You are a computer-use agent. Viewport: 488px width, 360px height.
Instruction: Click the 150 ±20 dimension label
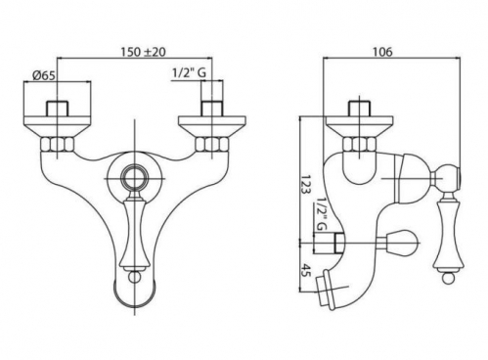point(143,52)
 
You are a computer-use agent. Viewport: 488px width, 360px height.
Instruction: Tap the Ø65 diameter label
point(44,75)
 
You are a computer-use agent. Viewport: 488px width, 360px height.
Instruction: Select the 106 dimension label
point(383,52)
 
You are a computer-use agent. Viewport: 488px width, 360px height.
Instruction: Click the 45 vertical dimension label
point(304,270)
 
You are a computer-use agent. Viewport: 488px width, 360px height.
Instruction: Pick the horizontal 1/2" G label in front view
point(189,73)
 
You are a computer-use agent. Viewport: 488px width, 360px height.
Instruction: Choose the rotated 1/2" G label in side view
point(321,214)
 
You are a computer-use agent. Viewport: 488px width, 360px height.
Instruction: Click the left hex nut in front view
point(58,145)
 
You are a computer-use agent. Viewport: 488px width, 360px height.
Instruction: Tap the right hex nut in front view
point(211,145)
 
